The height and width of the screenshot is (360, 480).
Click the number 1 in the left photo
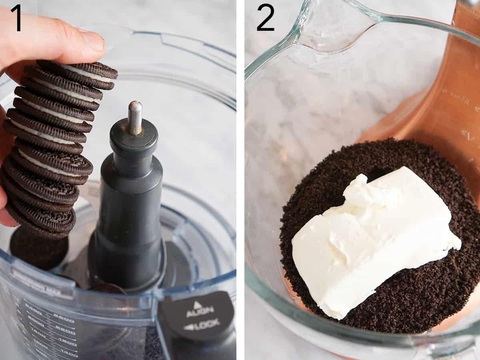coord(16,18)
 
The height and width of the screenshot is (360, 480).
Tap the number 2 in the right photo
coord(265,18)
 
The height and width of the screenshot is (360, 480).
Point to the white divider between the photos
coord(240,180)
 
